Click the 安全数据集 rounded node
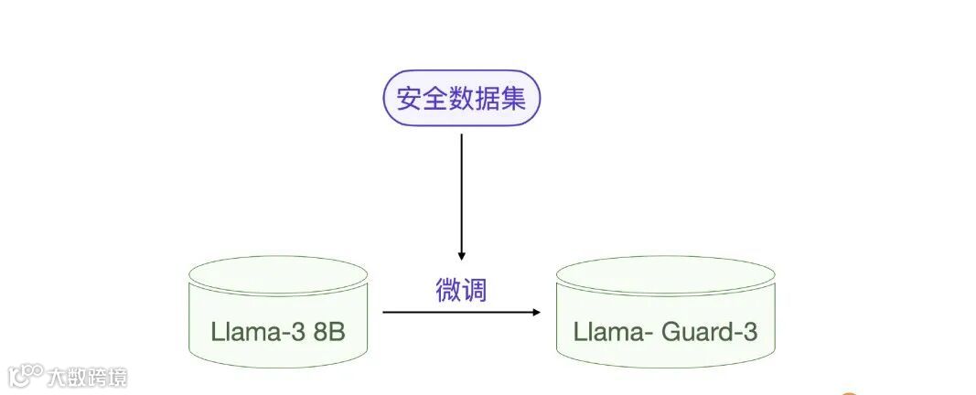[x=461, y=99]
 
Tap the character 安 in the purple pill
[x=406, y=99]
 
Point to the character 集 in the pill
[x=514, y=99]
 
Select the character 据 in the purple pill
[x=488, y=99]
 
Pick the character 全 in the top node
[x=434, y=99]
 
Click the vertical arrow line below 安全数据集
[x=461, y=192]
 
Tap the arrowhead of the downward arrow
[x=461, y=256]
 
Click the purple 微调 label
[x=461, y=290]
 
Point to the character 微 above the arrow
[x=448, y=290]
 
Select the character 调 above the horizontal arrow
[x=475, y=290]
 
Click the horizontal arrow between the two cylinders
[x=457, y=313]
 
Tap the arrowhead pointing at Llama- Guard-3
[x=536, y=313]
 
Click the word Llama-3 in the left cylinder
[x=257, y=331]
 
